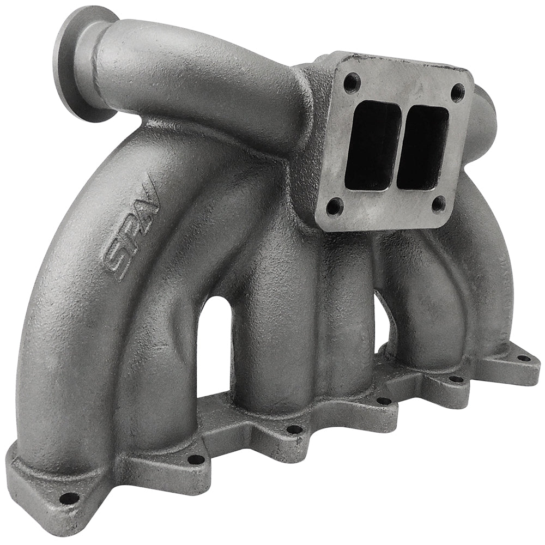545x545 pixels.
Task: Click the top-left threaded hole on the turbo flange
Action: [x=349, y=83]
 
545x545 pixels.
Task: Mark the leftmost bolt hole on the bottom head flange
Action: [x=68, y=497]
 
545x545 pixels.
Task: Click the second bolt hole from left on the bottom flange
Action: [x=196, y=459]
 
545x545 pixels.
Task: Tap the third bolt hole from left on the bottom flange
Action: [x=294, y=429]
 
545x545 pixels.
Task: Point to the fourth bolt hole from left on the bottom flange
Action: [x=384, y=401]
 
